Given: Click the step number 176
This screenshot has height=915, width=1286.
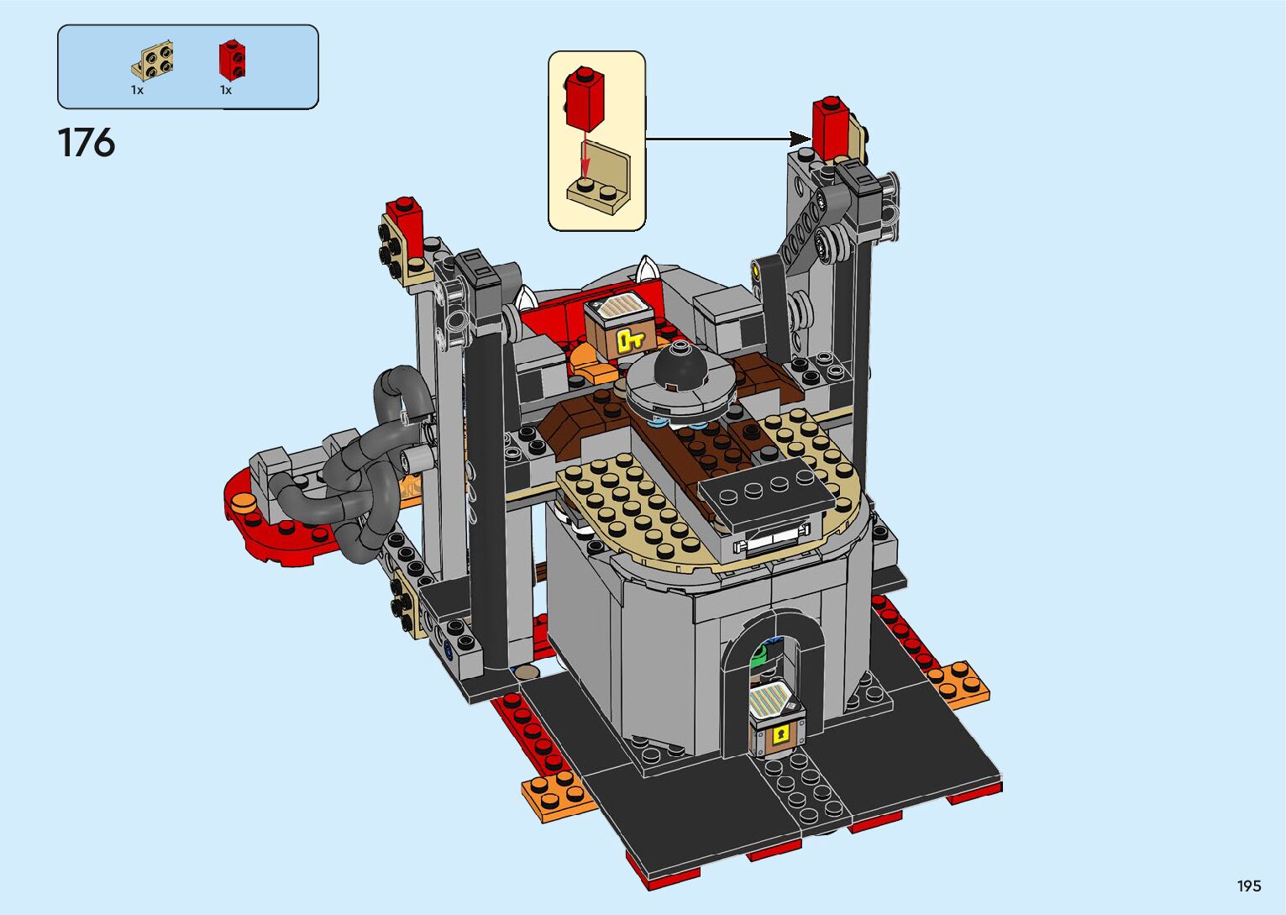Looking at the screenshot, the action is [87, 143].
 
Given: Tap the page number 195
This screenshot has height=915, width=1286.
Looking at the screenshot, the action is [1249, 886].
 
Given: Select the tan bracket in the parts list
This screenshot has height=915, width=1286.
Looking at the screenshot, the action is [152, 60].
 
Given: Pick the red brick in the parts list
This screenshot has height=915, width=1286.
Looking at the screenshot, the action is [232, 60].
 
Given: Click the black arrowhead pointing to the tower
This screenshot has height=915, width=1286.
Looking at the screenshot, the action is [800, 139].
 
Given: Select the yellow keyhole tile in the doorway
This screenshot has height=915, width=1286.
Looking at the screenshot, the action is [780, 735].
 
